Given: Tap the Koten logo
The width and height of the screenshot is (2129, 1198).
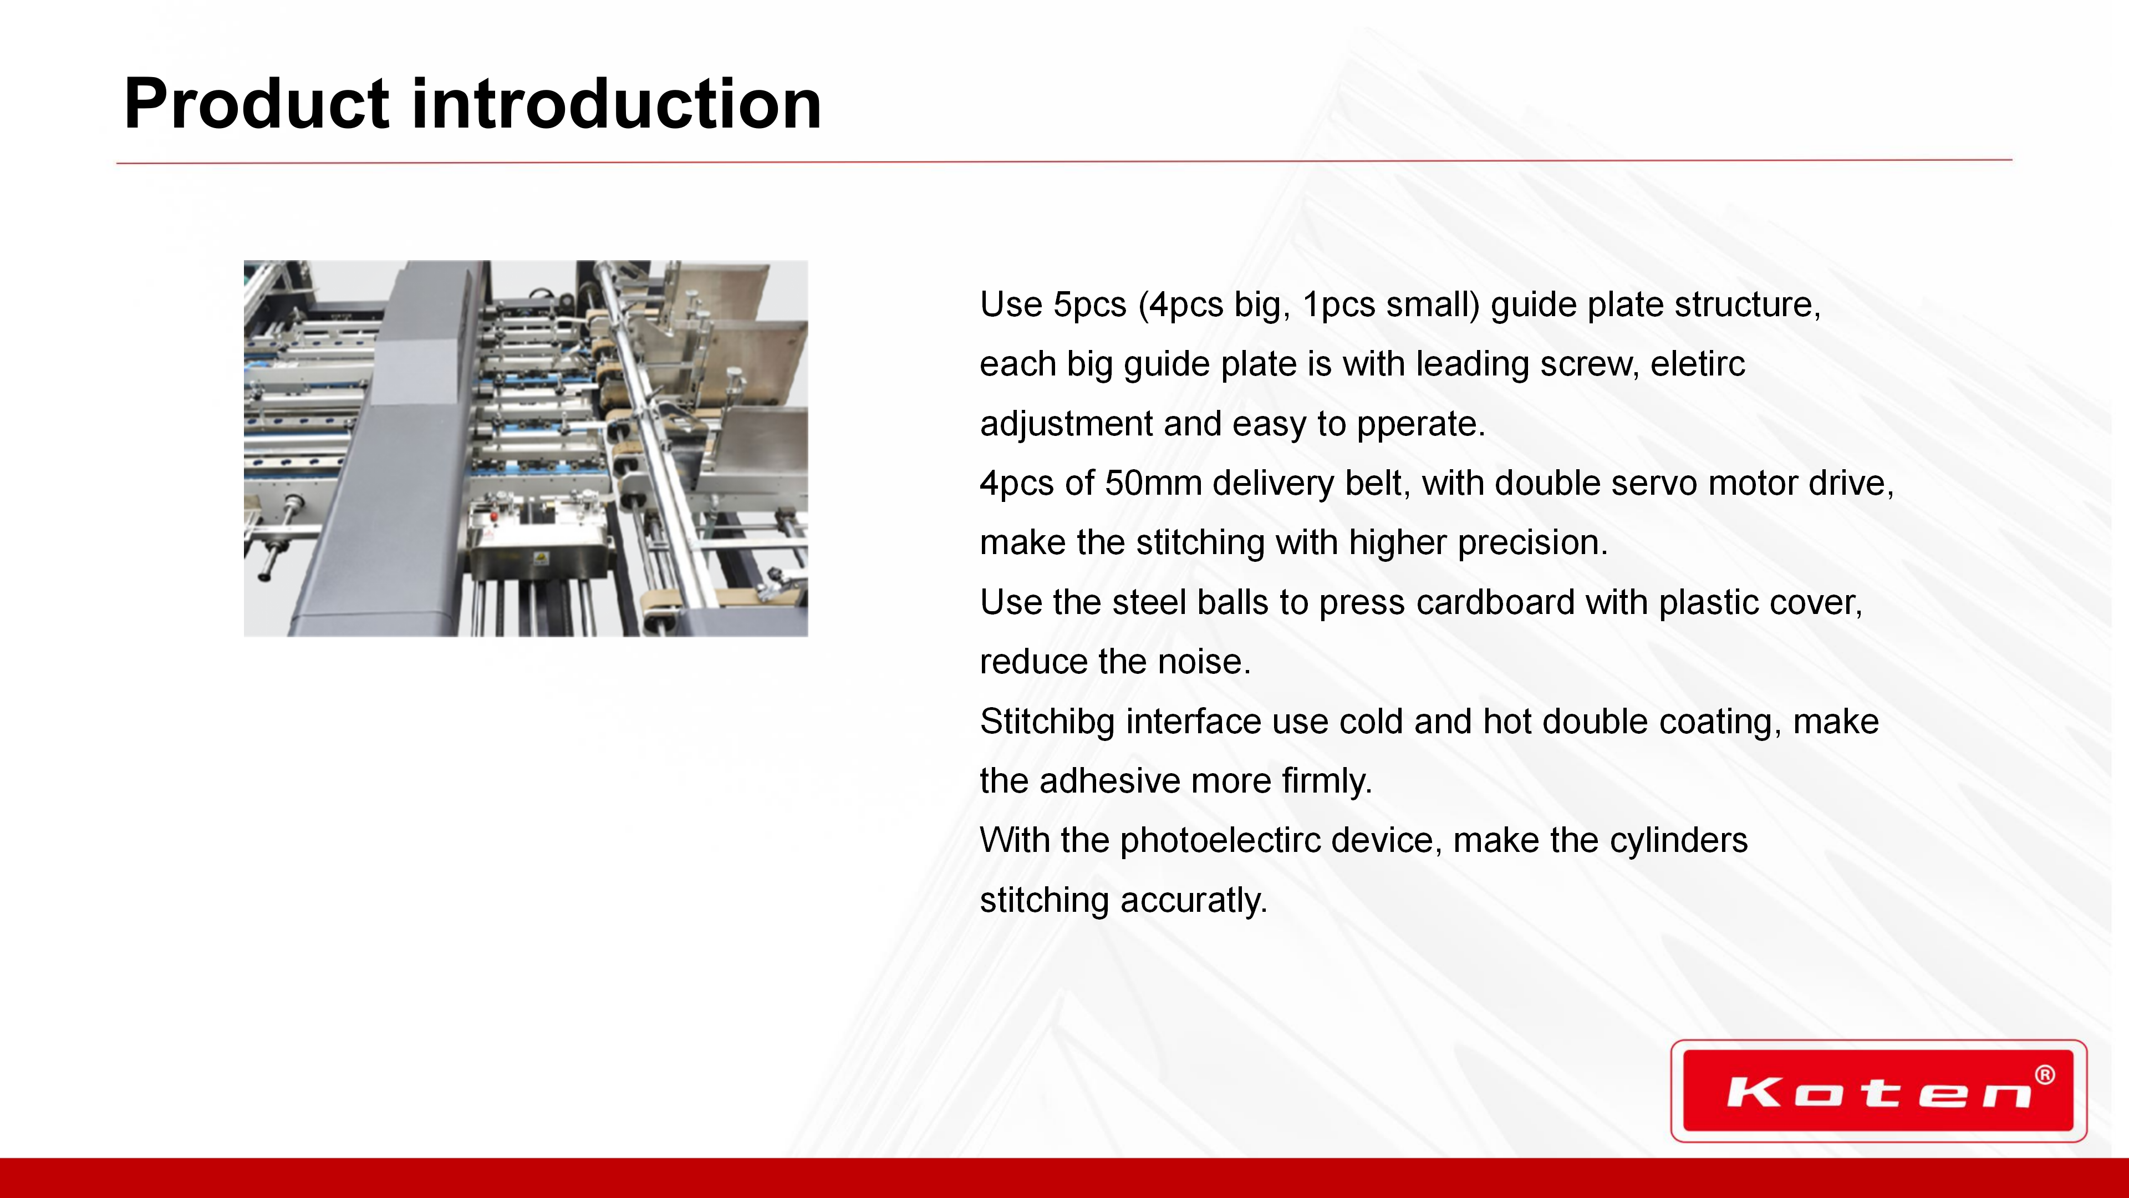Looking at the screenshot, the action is (x=1878, y=1090).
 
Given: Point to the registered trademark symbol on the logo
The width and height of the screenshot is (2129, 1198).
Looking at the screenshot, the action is (x=2045, y=1075).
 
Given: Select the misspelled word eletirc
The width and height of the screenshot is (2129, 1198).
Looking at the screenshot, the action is (x=1698, y=364).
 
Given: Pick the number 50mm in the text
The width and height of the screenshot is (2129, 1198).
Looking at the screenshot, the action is (x=1153, y=483).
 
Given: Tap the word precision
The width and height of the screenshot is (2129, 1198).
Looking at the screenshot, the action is (x=1532, y=543).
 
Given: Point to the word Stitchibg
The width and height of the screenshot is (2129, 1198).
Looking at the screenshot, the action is (x=1047, y=722).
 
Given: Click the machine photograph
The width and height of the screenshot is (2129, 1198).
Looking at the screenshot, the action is (x=526, y=448).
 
